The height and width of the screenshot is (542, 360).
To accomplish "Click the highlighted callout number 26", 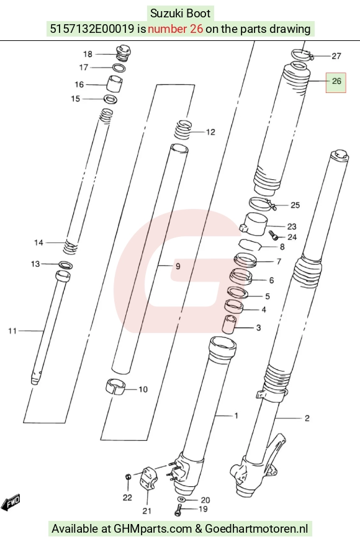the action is tap(336, 81).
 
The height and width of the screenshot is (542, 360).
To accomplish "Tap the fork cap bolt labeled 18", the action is tap(122, 53).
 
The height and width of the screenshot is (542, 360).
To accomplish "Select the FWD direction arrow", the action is tap(11, 502).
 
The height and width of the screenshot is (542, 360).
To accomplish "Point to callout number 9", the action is tap(178, 266).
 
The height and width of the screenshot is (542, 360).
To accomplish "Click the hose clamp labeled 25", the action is tap(263, 203).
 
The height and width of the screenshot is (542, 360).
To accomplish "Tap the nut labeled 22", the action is tap(128, 477).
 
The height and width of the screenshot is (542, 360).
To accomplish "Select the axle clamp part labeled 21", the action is tap(148, 478).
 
